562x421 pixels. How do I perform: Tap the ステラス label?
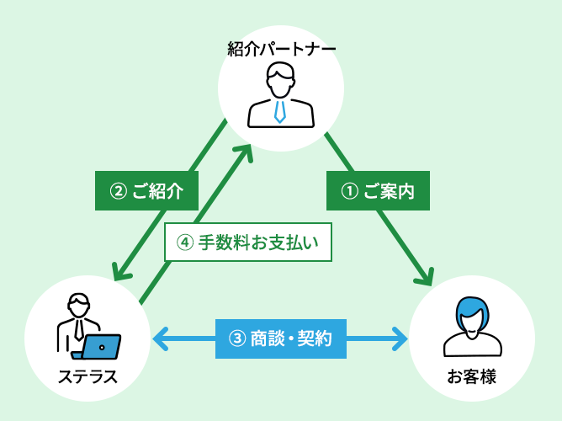click(x=87, y=376)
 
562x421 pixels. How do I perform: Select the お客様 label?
click(x=471, y=376)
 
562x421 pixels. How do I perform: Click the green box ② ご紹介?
click(x=146, y=191)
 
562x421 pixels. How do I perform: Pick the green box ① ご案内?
click(x=378, y=191)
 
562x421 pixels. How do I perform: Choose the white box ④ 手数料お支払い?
click(x=248, y=242)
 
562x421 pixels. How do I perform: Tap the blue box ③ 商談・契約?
click(x=281, y=338)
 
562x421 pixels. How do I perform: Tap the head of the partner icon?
click(x=280, y=83)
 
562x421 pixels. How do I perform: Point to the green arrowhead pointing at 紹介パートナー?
click(x=244, y=152)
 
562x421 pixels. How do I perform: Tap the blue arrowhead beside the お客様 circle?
click(x=400, y=338)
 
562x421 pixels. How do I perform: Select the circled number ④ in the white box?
click(x=185, y=242)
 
